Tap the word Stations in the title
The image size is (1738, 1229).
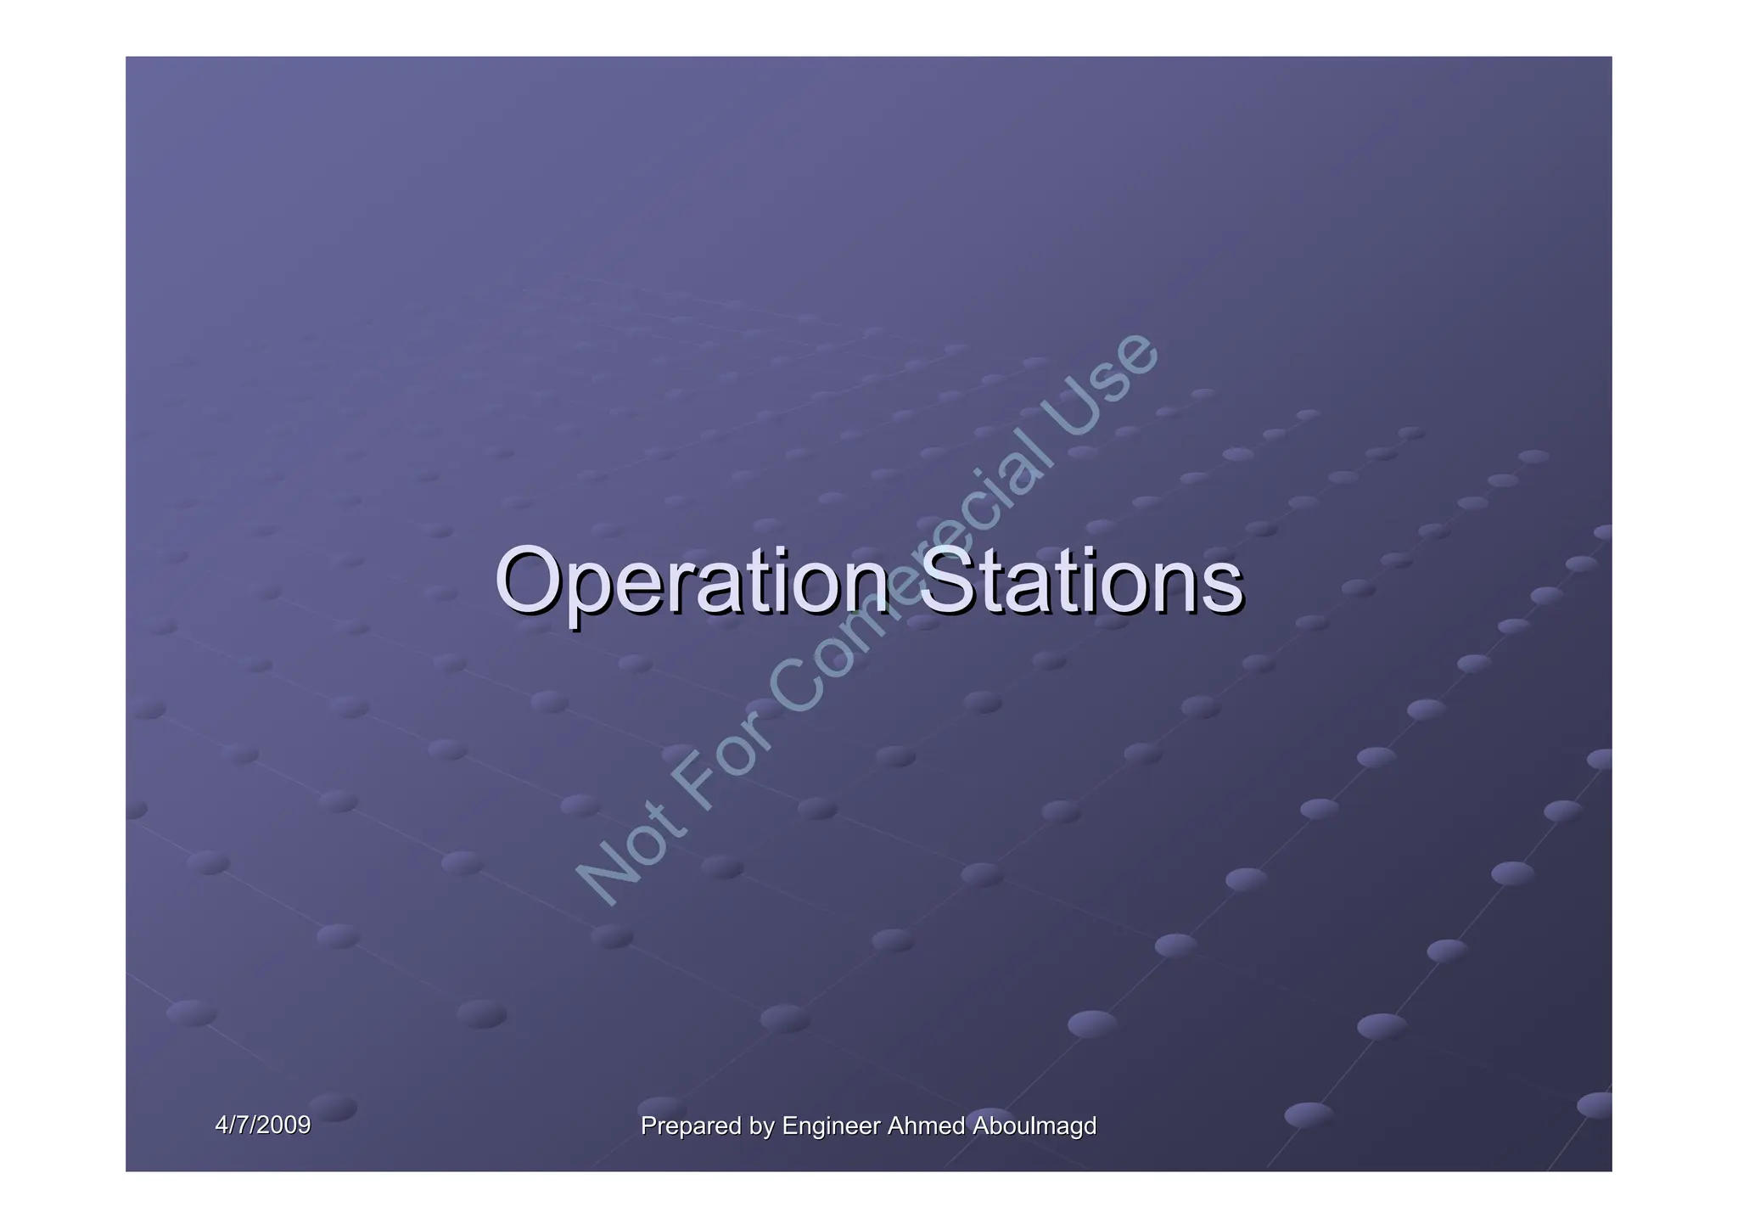1080,581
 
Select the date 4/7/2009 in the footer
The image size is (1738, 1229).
262,1125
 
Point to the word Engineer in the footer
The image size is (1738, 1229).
831,1126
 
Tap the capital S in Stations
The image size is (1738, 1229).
945,581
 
